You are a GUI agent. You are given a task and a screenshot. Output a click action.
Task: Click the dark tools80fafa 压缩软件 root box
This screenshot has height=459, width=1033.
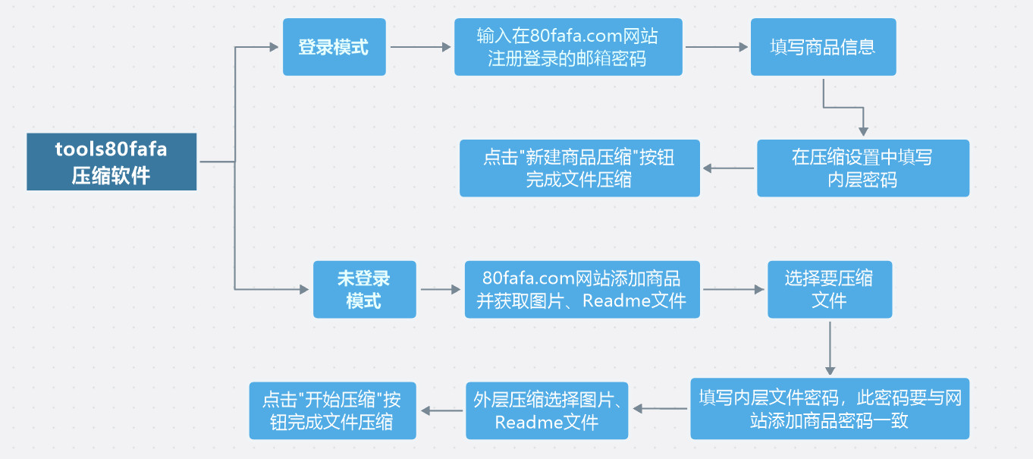pos(111,162)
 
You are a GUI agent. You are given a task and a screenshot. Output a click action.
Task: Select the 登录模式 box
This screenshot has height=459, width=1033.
pos(334,47)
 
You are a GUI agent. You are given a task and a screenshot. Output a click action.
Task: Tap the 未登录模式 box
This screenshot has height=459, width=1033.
pos(364,289)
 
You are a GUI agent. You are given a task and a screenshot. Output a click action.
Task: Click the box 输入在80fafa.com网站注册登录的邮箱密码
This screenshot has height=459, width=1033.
pos(568,47)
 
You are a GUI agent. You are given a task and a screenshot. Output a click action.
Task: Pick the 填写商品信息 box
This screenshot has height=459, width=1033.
pos(823,47)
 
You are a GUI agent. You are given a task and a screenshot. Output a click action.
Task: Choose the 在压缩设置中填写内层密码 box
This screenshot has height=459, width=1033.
pos(862,168)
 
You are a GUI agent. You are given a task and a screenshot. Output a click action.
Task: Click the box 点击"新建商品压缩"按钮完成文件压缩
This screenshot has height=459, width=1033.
pos(579,168)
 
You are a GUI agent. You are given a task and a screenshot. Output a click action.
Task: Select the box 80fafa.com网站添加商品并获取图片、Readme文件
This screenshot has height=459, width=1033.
pos(582,289)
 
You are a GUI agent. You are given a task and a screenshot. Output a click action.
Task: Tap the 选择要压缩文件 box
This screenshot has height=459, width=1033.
pos(829,289)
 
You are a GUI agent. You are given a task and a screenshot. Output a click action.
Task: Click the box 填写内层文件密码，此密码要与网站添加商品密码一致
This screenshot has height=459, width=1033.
pos(830,410)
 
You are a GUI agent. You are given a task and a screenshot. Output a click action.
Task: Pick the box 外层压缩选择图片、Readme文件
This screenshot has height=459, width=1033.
pos(547,410)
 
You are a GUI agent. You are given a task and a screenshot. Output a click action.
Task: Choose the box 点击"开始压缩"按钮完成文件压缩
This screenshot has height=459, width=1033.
pos(332,410)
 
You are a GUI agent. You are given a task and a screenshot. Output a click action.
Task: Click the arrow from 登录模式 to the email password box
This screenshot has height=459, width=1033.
pos(420,47)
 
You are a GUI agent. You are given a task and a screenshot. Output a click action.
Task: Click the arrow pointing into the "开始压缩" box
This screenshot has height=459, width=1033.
pos(441,410)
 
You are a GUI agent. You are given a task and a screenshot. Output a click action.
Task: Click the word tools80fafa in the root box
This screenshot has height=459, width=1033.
pos(111,149)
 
